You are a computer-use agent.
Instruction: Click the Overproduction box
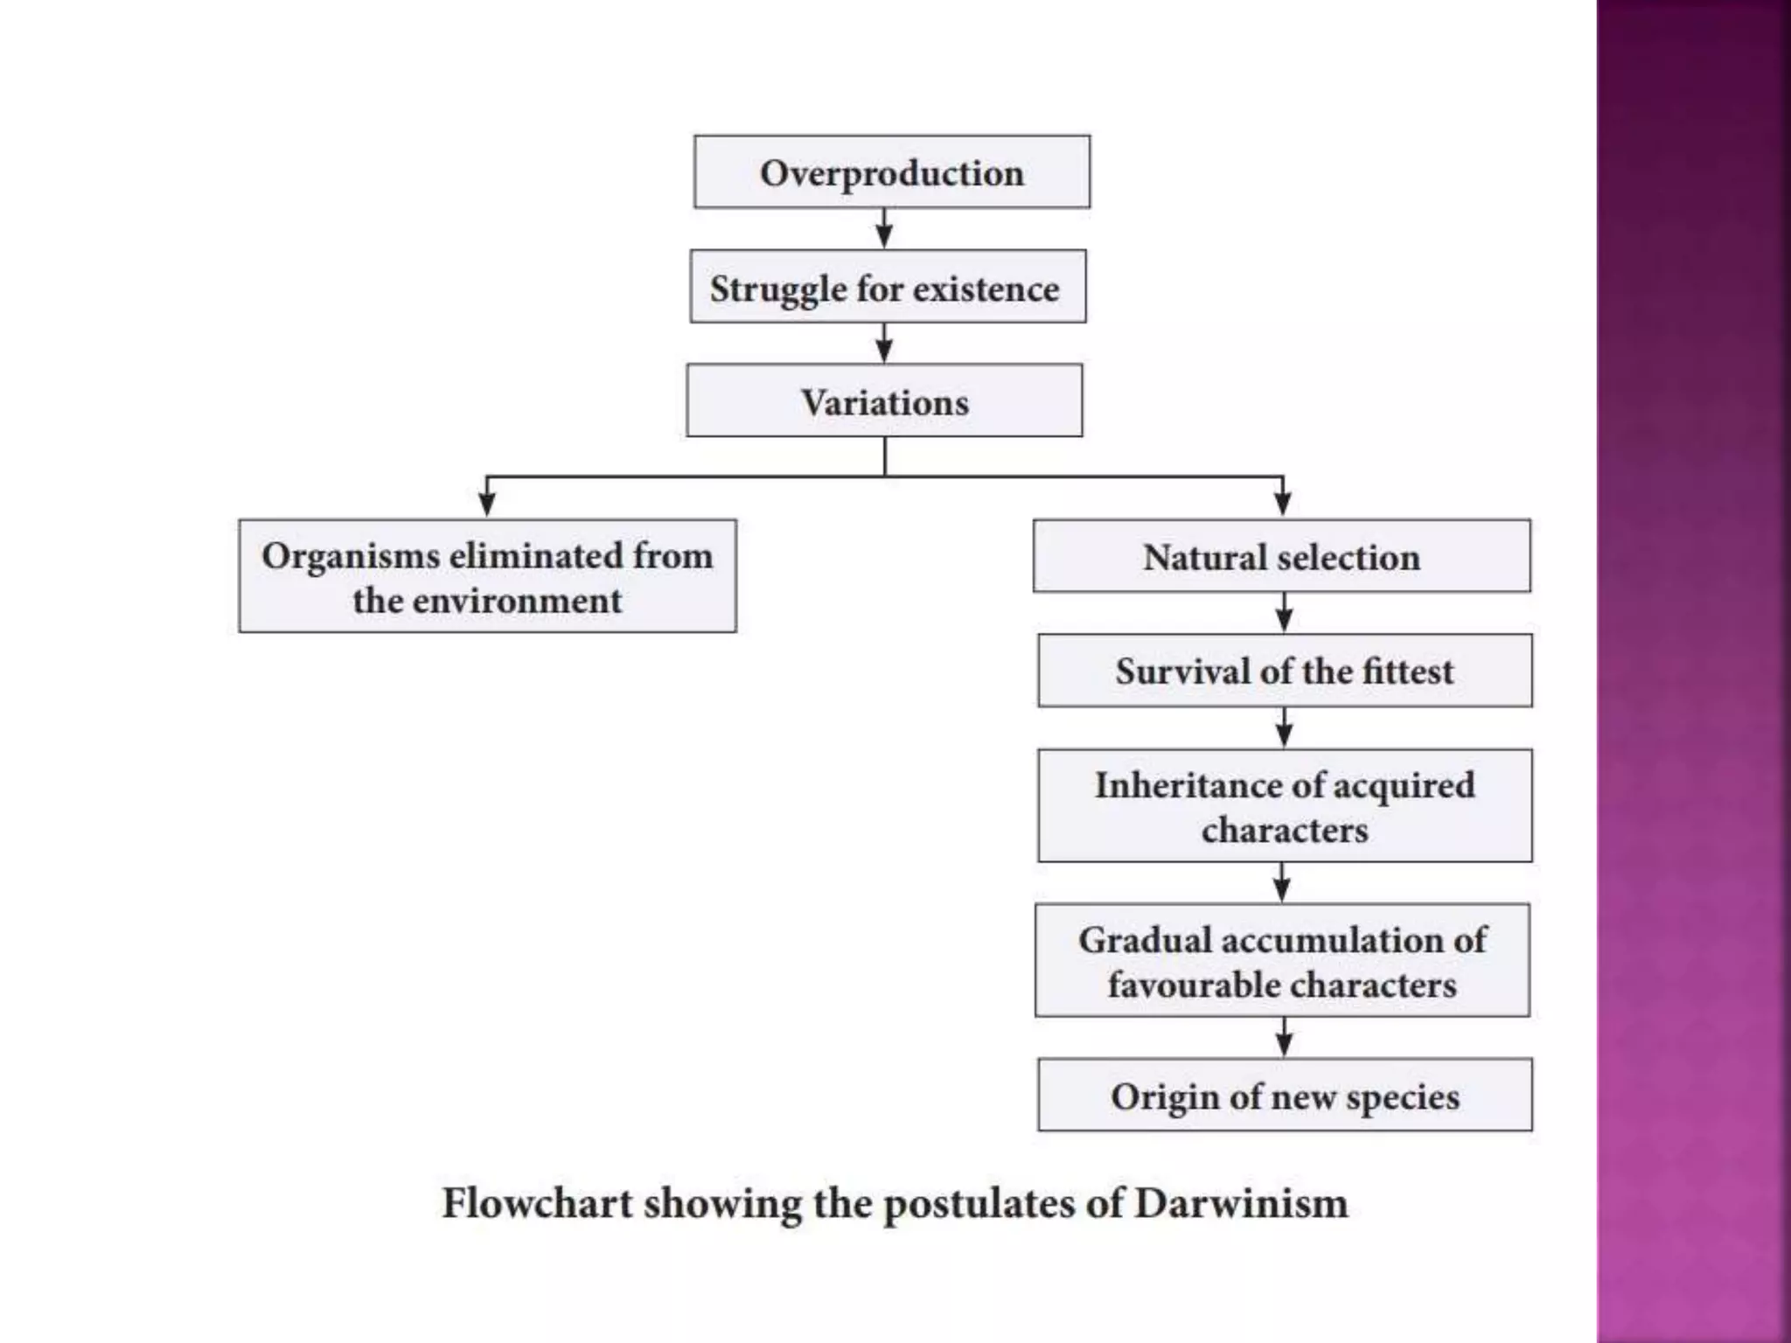pos(891,172)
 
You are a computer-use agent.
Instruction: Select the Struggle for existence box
pos(887,288)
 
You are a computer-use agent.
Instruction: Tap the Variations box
pos(884,401)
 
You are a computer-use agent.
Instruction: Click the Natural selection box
pos(1281,557)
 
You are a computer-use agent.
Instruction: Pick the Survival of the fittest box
pos(1284,671)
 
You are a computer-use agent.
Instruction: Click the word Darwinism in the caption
pos(1241,1203)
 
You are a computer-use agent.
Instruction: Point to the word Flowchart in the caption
pos(536,1203)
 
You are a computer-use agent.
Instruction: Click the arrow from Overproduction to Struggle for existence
pos(884,229)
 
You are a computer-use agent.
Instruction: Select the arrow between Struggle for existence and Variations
pos(884,344)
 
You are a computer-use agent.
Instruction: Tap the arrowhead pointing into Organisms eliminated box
pos(487,504)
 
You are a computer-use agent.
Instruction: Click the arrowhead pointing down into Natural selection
pos(1282,504)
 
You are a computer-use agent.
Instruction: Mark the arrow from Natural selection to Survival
pos(1284,613)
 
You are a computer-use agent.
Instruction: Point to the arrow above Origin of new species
pos(1284,1038)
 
